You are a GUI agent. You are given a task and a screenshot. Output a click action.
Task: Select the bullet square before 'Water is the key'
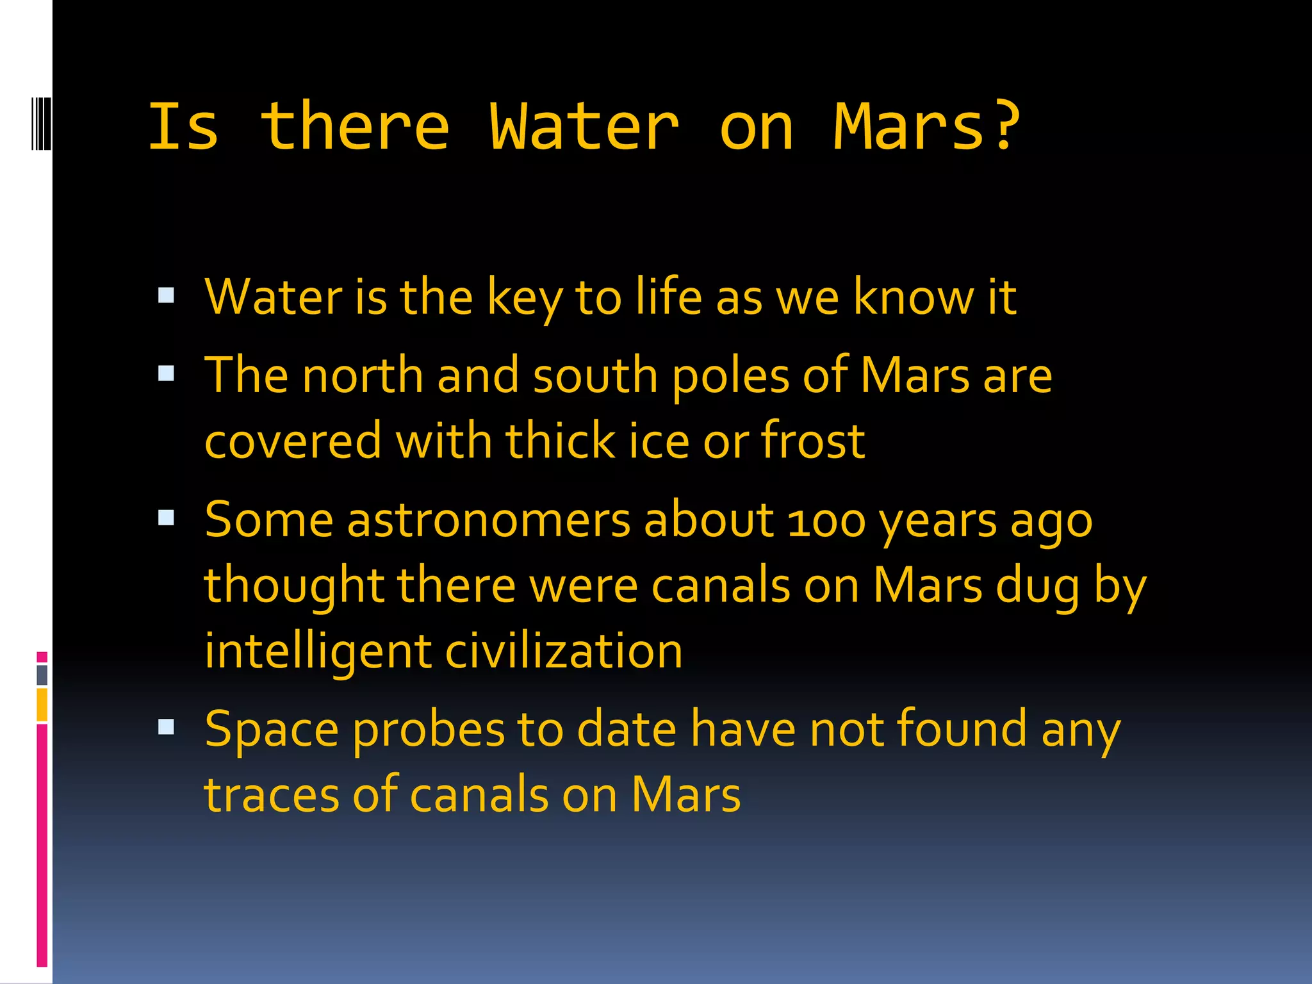click(166, 295)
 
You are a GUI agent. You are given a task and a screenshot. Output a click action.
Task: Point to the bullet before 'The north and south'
click(166, 373)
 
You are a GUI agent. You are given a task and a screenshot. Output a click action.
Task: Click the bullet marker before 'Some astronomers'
click(166, 518)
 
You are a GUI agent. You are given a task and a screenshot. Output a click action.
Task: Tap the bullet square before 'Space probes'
click(166, 726)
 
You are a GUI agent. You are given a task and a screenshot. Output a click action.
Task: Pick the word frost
click(812, 441)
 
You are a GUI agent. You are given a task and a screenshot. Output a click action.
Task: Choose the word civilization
click(564, 651)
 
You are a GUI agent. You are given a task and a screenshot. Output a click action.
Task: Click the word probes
click(429, 731)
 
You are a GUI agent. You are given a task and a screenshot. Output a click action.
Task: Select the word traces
click(271, 795)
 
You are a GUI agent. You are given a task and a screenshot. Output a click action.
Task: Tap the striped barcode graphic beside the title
click(41, 123)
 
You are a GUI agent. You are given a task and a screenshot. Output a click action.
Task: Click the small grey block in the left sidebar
click(42, 675)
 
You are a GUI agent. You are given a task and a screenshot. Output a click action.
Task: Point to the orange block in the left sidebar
click(42, 704)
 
